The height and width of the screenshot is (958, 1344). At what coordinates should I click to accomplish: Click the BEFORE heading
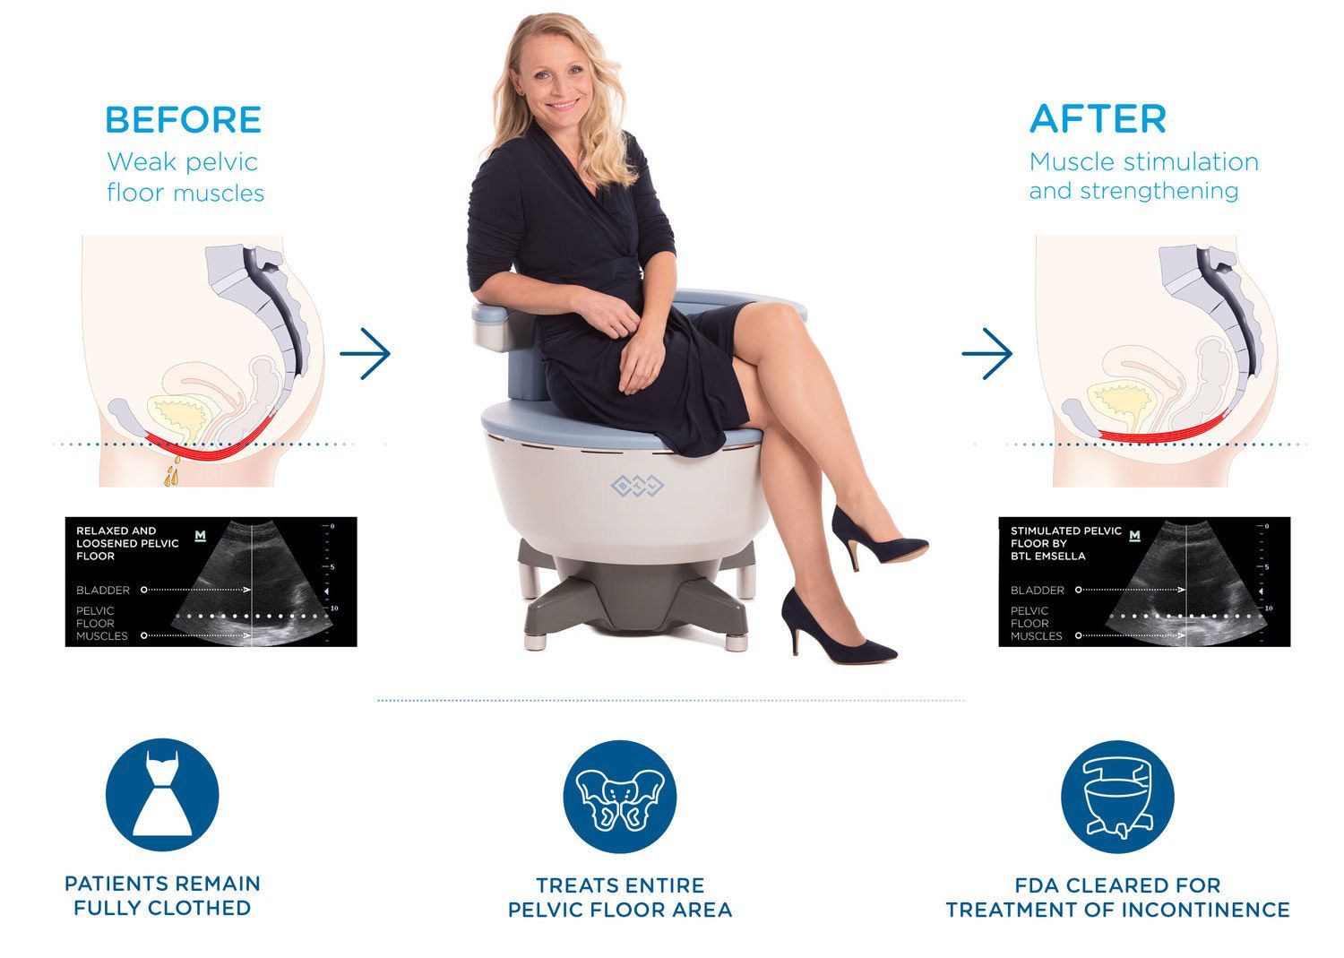click(183, 120)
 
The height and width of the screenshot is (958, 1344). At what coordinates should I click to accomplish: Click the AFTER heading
click(1098, 119)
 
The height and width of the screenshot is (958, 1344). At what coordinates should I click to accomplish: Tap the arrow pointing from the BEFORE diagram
click(366, 353)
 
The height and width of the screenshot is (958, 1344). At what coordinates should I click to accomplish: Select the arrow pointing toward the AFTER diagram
click(986, 353)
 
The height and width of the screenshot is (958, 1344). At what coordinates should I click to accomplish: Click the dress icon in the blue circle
click(162, 796)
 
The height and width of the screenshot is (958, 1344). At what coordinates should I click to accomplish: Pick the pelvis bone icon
click(620, 796)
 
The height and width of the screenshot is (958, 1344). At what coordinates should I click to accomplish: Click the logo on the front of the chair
click(637, 486)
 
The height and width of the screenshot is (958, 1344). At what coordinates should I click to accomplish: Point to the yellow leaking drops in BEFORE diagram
click(171, 472)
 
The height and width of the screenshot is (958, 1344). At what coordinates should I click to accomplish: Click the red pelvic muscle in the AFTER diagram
click(1165, 430)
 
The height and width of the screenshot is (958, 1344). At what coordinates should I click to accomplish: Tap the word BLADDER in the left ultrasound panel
click(103, 590)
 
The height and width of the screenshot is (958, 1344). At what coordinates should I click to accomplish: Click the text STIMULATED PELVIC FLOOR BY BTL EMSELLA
click(1065, 543)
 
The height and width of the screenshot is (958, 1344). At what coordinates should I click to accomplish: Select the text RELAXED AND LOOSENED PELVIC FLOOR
click(127, 543)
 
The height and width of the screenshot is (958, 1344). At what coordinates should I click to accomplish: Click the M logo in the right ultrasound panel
click(1136, 536)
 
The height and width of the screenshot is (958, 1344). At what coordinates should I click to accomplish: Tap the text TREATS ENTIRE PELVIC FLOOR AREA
click(620, 897)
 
